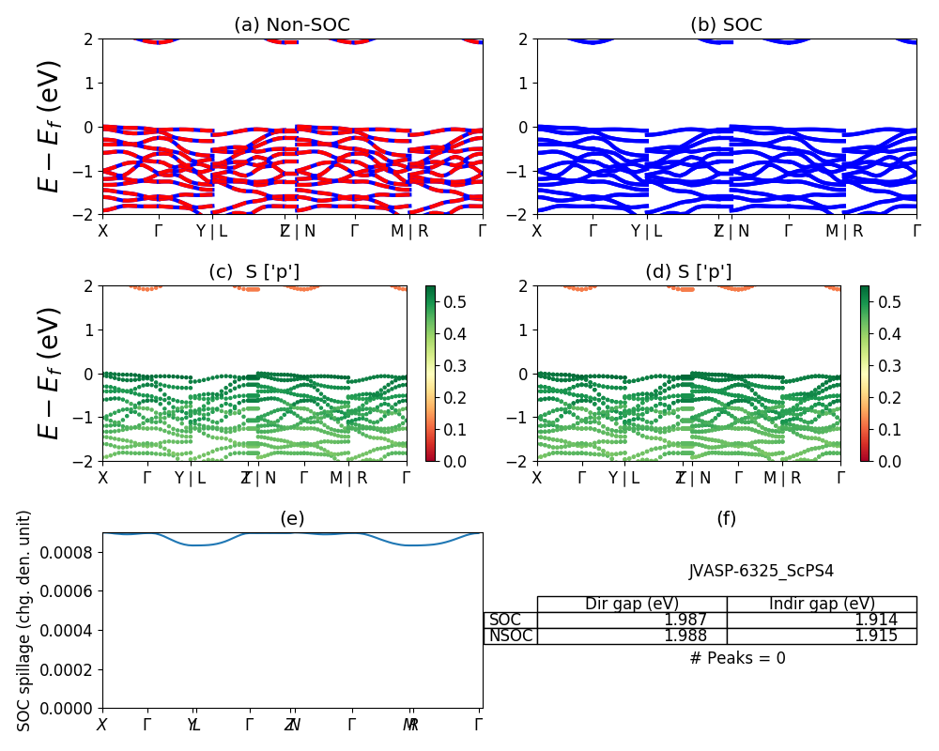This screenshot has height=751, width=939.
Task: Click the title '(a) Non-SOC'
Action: tap(292, 25)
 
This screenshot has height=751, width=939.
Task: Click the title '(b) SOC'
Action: tap(726, 25)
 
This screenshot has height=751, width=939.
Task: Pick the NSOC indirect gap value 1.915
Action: tap(875, 636)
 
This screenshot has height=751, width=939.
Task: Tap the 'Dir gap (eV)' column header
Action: tap(631, 605)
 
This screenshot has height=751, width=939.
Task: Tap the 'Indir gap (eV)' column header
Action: tap(822, 605)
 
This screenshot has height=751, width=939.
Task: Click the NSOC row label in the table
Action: tap(510, 636)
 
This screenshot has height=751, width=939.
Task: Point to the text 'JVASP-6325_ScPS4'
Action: tap(761, 571)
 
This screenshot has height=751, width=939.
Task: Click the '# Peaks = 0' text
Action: tap(737, 659)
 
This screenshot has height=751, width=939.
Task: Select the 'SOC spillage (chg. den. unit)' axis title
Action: tap(25, 620)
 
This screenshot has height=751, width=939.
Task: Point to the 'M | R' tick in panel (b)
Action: tap(843, 231)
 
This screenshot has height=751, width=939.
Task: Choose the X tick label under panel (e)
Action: tap(101, 725)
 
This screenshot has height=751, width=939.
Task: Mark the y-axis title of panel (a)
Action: tap(49, 126)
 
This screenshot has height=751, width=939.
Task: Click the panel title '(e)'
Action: tap(292, 519)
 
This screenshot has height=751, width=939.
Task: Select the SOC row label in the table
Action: tap(505, 621)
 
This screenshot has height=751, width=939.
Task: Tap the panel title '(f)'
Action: tap(726, 519)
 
